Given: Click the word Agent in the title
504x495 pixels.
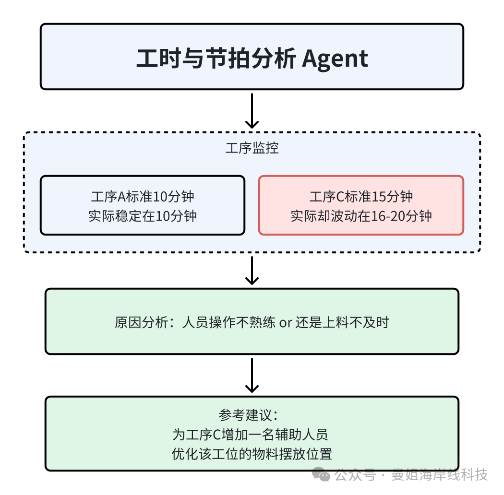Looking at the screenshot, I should point(335,59).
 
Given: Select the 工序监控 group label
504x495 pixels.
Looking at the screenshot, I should point(252,148).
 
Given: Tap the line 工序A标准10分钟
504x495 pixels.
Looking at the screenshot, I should point(143,197).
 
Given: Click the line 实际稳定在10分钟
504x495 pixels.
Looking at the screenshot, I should point(143,216).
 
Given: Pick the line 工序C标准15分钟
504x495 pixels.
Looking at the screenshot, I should point(361,197).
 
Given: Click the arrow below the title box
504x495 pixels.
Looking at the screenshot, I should point(252,111).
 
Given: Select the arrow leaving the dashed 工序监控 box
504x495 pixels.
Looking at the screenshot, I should point(252,271).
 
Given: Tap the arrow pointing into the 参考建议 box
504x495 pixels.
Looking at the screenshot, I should point(252,376).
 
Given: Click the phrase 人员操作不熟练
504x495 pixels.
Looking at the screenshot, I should point(228,322).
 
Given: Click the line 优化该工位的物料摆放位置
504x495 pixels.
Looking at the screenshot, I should point(252,454).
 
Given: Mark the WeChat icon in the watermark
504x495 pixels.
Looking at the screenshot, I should point(321,475).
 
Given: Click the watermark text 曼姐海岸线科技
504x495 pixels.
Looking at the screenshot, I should point(440,475).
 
